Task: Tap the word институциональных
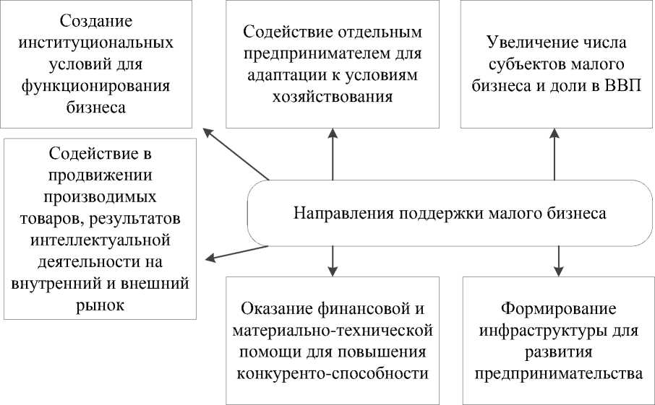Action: (x=96, y=42)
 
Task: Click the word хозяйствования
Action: (x=333, y=97)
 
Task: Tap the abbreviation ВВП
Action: (x=627, y=85)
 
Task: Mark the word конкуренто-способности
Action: (x=333, y=374)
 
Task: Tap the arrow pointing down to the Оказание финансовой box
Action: (x=333, y=260)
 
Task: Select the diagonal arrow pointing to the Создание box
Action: (x=236, y=154)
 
